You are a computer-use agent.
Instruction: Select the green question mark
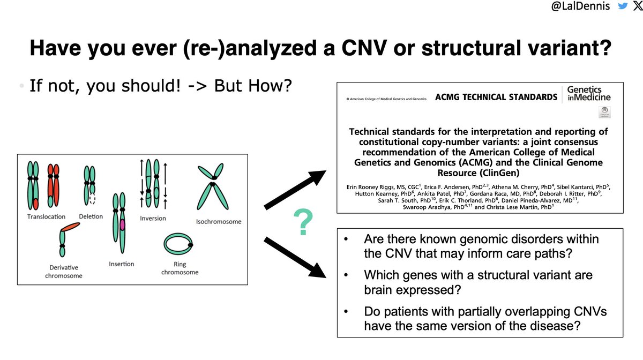pyautogui.click(x=303, y=224)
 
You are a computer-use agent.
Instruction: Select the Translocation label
pyautogui.click(x=46, y=216)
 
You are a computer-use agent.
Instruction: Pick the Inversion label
pyautogui.click(x=153, y=218)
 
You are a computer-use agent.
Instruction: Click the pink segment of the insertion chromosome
pyautogui.click(x=123, y=225)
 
